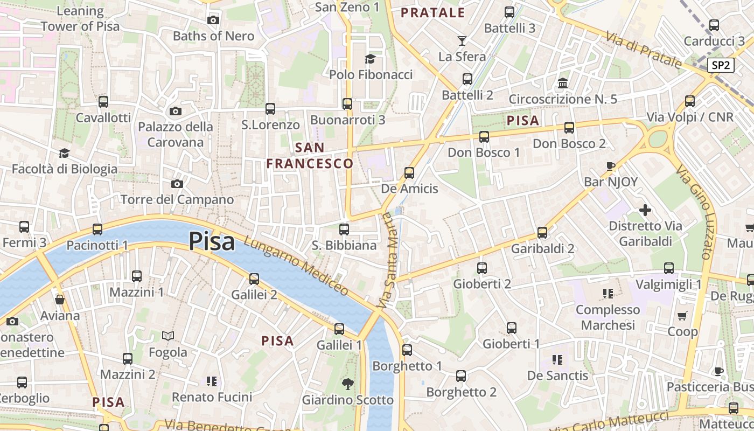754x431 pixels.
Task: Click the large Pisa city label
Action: [x=212, y=241]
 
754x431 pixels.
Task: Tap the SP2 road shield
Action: [x=721, y=65]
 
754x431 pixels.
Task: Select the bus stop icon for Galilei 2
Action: [x=254, y=279]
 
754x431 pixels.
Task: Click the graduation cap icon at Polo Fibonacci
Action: [x=370, y=59]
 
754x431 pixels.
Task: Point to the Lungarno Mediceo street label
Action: [x=296, y=266]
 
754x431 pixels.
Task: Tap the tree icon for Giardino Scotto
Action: [x=348, y=384]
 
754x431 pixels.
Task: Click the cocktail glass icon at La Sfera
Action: [x=462, y=40]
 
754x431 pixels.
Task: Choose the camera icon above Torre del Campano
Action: [x=177, y=184]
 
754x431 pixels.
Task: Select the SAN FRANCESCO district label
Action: [x=310, y=155]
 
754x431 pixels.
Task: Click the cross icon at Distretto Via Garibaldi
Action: [x=645, y=210]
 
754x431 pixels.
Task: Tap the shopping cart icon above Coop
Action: [x=682, y=316]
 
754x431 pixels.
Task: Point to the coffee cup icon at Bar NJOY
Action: [x=610, y=166]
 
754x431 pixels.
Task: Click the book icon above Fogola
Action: [x=168, y=336]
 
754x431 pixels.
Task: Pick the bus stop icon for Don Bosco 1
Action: [x=484, y=137]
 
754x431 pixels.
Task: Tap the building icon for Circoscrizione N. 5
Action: [x=563, y=83]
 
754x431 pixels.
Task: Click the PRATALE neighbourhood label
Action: [x=433, y=13]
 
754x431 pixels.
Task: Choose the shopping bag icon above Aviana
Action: [x=60, y=300]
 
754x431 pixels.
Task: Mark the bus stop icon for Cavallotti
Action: [x=103, y=101]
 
